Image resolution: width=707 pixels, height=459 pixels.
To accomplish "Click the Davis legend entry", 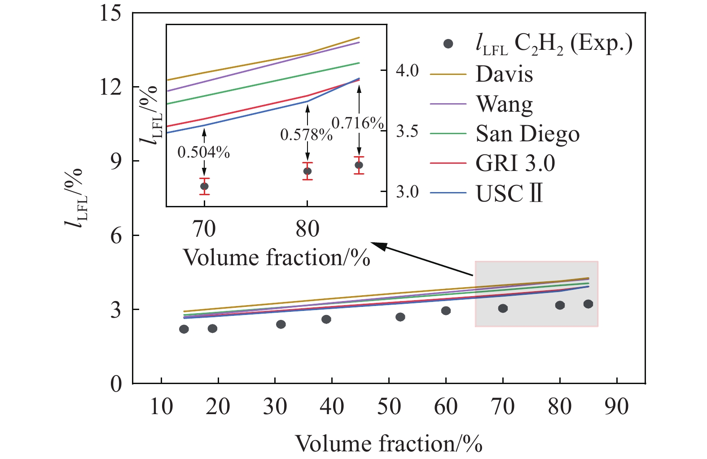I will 504,74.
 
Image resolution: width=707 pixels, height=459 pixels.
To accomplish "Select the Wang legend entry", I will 504,104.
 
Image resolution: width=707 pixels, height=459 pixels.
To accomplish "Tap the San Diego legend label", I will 527,134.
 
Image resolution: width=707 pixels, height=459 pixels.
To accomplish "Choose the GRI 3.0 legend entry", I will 515,163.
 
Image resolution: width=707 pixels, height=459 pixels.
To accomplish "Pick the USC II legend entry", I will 509,193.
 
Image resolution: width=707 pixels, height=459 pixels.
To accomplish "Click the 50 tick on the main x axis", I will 389,407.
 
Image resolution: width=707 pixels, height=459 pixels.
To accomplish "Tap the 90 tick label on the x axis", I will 617,407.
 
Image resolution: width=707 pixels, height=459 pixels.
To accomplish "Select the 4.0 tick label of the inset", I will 407,70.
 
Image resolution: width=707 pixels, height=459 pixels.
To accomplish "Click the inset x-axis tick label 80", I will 307,228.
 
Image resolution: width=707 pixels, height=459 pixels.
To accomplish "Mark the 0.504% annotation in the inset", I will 204,153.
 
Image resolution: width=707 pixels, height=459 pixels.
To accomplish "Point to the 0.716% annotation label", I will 358,123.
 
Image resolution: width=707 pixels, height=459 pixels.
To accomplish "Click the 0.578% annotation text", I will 306,135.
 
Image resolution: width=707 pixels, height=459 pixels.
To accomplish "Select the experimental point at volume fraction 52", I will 400,317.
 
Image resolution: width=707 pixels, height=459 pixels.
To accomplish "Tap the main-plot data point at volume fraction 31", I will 281,324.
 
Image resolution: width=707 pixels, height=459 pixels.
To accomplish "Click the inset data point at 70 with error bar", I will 204,186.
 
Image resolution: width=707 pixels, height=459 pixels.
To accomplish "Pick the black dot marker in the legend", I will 448,44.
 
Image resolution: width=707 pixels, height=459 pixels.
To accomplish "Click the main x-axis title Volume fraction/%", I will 389,443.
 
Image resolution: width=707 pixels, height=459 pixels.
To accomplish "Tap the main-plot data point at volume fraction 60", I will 446,311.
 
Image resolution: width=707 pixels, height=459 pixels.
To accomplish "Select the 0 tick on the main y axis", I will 116,384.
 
